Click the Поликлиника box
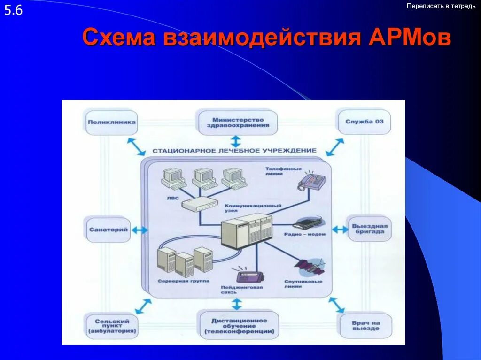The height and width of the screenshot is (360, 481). (111, 123)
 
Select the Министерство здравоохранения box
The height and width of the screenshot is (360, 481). (238, 123)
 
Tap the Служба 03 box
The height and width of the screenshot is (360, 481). (364, 122)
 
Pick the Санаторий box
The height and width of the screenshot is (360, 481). (109, 230)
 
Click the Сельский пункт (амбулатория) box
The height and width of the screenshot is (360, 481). (111, 326)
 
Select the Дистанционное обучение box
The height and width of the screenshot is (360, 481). (239, 326)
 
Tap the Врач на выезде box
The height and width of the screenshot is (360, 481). (365, 325)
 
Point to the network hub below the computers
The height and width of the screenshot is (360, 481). (201, 203)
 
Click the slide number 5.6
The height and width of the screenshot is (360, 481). (14, 10)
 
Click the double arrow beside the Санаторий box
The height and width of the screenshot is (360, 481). (140, 230)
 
